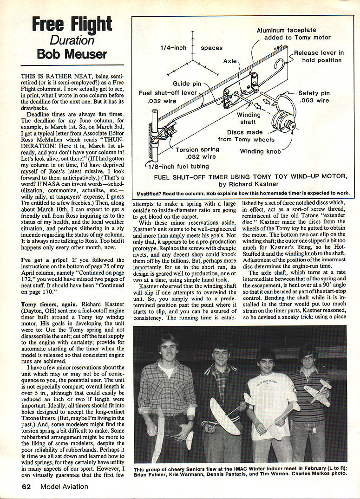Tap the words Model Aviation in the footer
[68, 486]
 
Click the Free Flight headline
[72, 24]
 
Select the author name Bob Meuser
[72, 54]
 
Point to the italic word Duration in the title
[72, 39]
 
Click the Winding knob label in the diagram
[259, 151]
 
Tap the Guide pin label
[187, 84]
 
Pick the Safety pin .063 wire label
[317, 96]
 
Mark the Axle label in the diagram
[229, 61]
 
